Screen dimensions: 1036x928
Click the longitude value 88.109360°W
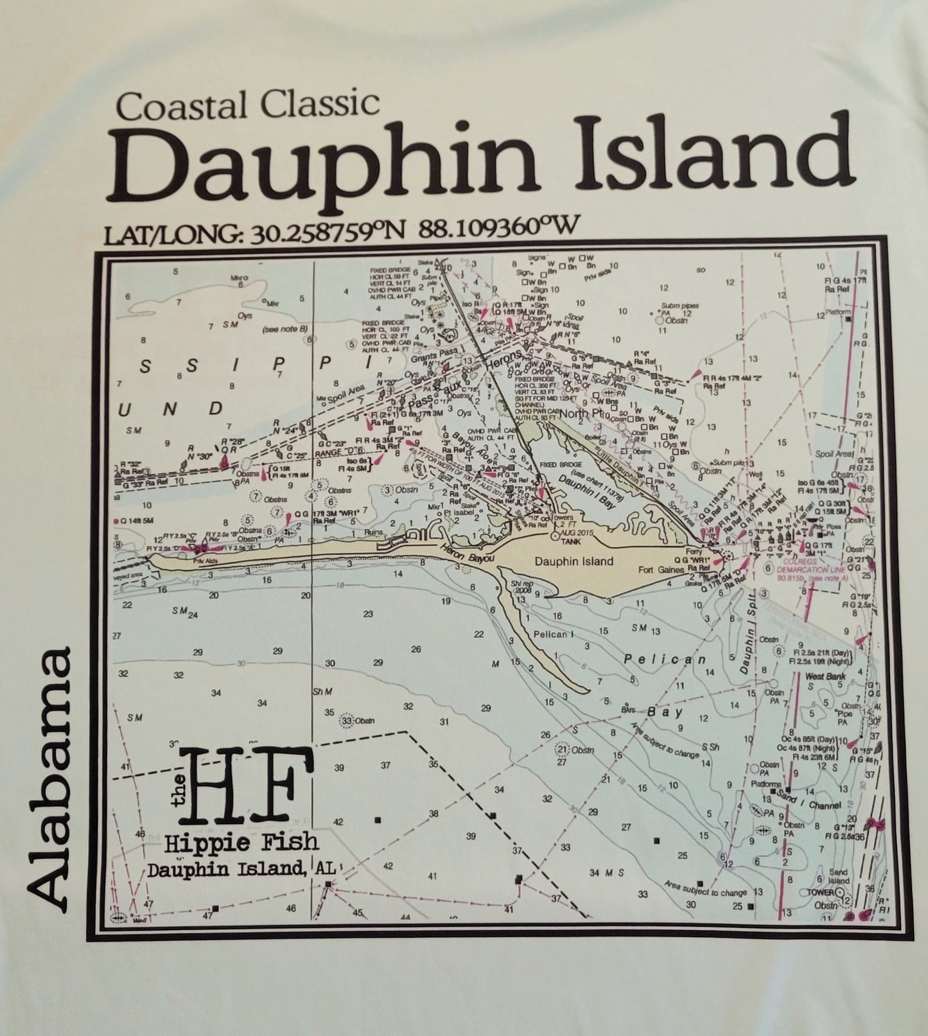coord(498,227)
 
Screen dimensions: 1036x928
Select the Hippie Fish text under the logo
coord(241,842)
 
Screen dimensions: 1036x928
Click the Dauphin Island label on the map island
coord(573,561)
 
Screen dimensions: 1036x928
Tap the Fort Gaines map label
coord(664,570)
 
